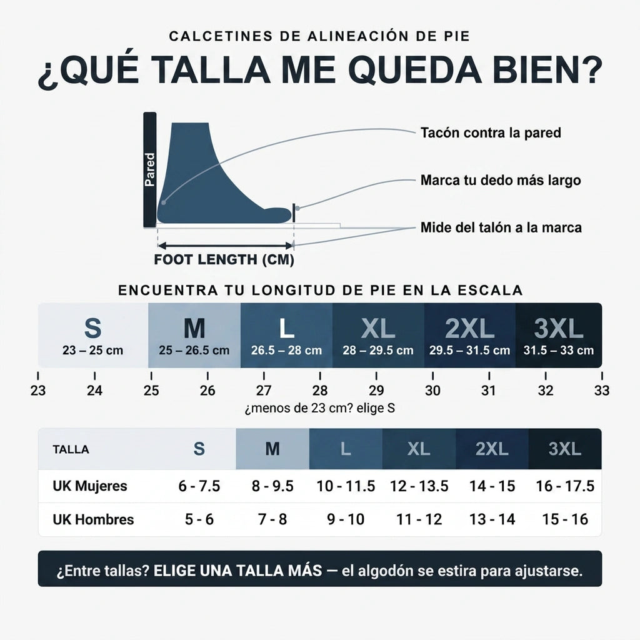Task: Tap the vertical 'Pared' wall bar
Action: [150, 170]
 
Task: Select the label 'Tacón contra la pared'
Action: [491, 132]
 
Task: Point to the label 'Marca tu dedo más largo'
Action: [501, 180]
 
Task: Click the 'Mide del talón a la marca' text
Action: [501, 227]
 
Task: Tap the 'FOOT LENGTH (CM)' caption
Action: [224, 259]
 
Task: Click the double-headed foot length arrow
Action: [225, 246]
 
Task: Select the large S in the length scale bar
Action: [92, 328]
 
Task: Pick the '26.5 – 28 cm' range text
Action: [286, 350]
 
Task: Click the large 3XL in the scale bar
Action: [558, 328]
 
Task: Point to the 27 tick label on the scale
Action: [264, 391]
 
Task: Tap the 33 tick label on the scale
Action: [602, 391]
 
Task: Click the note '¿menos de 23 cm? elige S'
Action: [319, 408]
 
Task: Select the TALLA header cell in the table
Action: [71, 449]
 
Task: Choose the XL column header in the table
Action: [419, 449]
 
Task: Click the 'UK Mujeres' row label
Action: [90, 486]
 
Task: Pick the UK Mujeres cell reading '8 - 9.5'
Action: [272, 486]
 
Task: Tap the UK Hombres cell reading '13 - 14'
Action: [492, 519]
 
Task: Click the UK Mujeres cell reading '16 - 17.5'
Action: [565, 486]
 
